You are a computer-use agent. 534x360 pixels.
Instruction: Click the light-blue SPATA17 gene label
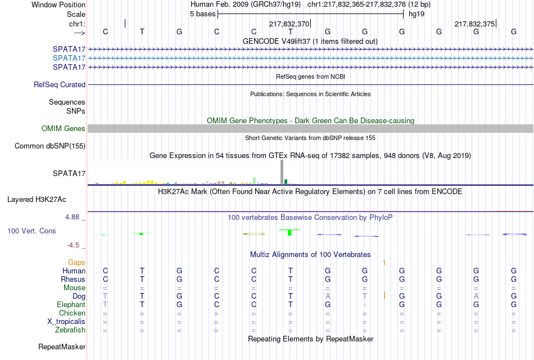click(69, 58)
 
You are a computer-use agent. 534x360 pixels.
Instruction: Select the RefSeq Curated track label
click(60, 84)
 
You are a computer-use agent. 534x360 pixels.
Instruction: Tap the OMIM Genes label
click(64, 128)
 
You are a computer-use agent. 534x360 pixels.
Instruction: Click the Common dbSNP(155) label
click(50, 146)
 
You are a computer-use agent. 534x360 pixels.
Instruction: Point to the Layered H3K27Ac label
click(37, 200)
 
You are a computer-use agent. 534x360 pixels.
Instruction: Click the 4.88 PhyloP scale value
click(72, 217)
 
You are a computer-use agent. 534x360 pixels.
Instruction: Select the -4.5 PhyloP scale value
click(73, 245)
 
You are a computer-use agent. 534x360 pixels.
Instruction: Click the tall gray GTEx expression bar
click(282, 172)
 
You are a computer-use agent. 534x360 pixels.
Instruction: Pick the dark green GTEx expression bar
click(286, 182)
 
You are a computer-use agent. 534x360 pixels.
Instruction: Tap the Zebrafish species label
click(70, 330)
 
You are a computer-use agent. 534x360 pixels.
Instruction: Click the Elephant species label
click(71, 305)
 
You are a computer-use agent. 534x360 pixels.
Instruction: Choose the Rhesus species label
click(73, 279)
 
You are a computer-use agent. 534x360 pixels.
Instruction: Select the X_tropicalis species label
click(66, 322)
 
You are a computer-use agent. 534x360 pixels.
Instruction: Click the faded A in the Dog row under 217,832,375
click(476, 296)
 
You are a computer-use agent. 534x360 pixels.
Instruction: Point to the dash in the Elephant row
click(365, 305)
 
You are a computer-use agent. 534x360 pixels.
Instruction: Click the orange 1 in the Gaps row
click(384, 263)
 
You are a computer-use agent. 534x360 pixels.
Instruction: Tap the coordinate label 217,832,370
click(289, 24)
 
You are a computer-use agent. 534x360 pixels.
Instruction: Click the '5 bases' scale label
click(202, 14)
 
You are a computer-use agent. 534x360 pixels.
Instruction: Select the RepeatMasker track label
click(62, 346)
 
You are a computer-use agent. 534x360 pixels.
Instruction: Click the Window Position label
click(58, 4)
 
